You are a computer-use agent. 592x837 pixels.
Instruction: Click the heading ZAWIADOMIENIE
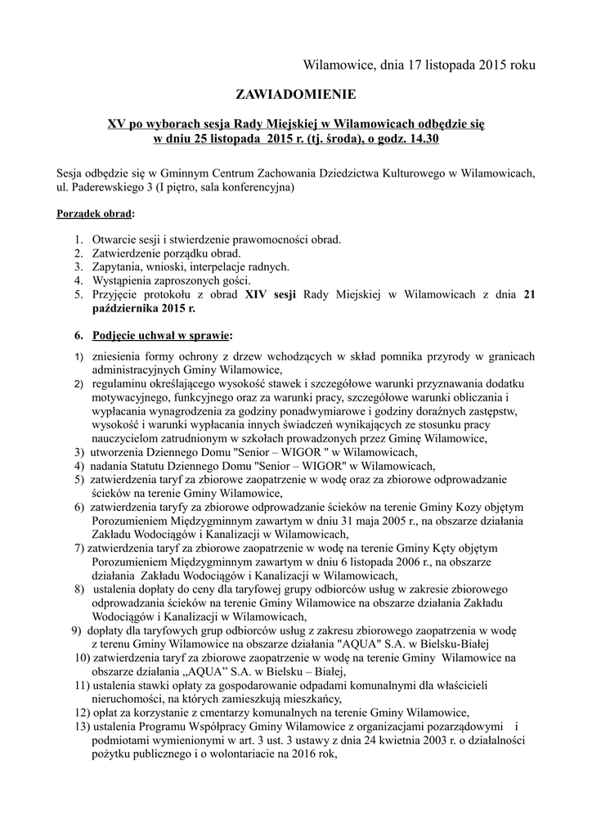tap(296, 95)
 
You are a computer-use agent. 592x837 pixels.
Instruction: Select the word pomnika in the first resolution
tap(421, 356)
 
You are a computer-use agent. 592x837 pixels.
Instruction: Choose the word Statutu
tap(176, 466)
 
